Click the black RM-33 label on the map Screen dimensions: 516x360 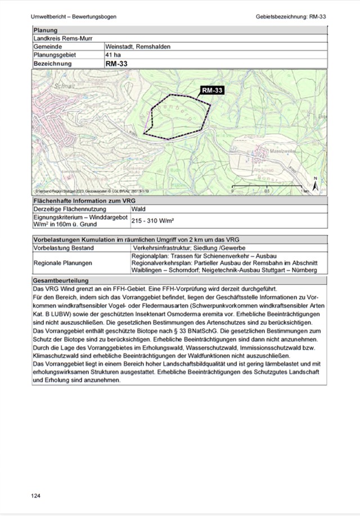coord(212,90)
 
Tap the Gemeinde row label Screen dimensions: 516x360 coord(47,47)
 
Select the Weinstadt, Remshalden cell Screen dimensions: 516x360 coord(137,47)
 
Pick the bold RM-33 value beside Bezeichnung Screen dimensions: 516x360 coord(116,64)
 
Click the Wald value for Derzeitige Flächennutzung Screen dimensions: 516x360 coord(138,209)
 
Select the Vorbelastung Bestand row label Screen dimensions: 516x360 coord(64,247)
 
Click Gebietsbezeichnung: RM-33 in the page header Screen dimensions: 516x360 coord(291,16)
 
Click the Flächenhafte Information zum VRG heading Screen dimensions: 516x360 coord(84,200)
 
